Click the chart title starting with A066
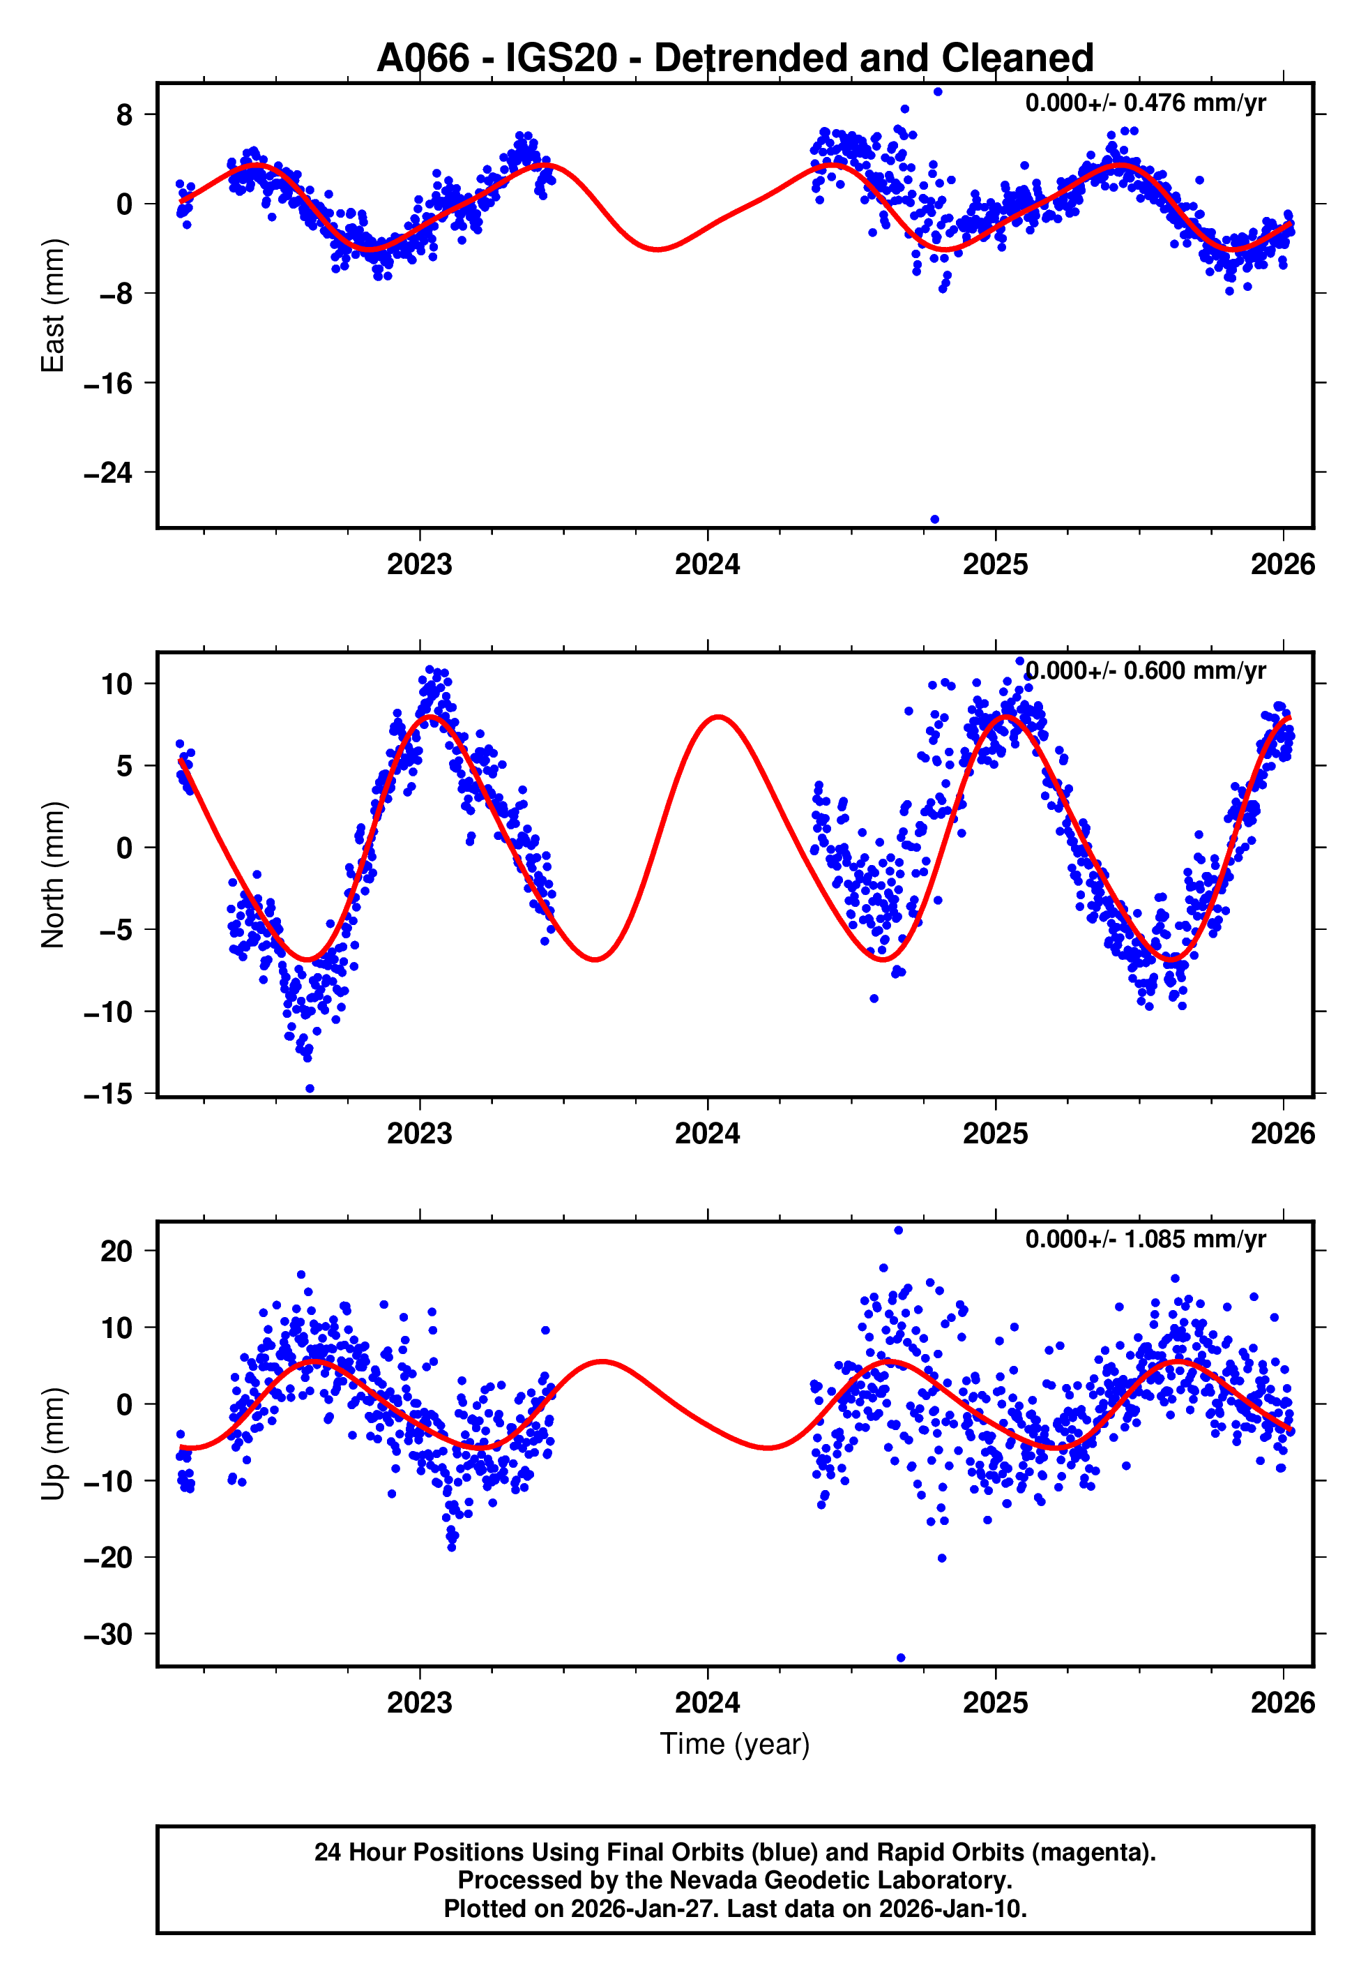pos(735,59)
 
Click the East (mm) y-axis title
pos(53,306)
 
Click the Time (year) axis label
pos(735,1744)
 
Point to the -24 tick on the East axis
pos(109,472)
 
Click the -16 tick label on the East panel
pos(109,383)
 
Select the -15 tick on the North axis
pos(109,1094)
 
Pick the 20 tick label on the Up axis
pos(116,1251)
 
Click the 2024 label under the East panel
pos(707,565)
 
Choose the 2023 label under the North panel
pos(419,1134)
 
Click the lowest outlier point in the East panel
pos(934,520)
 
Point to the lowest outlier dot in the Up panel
pos(900,1658)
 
